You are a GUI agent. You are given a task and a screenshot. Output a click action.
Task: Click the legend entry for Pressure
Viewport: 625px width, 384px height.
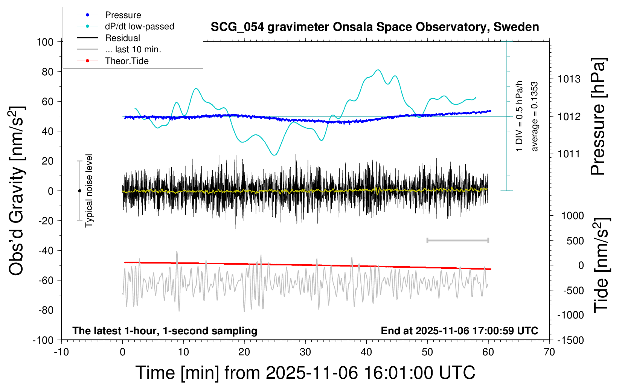coord(123,15)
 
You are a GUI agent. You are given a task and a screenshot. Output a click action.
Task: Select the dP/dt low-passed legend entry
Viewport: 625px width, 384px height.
coord(139,26)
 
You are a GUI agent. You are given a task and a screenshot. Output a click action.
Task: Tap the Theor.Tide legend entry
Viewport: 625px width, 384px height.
coord(127,61)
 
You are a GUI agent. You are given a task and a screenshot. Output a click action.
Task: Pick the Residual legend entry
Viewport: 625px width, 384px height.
coord(122,38)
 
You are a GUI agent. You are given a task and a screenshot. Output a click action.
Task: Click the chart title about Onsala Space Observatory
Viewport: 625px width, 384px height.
coord(375,27)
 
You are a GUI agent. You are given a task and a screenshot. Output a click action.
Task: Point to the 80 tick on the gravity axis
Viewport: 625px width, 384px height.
coord(47,72)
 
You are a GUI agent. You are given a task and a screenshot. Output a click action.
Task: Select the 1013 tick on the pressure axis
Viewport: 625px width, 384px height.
coord(569,79)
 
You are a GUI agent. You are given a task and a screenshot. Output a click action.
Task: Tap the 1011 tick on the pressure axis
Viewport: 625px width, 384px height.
coord(569,154)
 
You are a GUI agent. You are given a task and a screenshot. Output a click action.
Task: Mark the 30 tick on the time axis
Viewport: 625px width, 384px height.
coord(305,352)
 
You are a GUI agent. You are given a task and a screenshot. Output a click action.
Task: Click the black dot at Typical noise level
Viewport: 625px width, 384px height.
coord(79,191)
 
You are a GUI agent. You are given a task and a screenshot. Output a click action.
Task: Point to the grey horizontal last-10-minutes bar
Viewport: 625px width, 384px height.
coord(457,240)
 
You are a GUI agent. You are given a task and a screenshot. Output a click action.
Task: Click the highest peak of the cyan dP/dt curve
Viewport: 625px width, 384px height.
coord(378,70)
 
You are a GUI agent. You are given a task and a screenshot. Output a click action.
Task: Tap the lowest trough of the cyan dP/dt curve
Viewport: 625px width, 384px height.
coord(274,155)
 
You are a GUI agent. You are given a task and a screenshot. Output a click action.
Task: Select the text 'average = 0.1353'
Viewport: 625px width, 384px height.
coord(535,117)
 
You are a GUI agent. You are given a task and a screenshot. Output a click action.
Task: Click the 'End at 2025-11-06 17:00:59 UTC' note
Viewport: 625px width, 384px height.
coord(459,331)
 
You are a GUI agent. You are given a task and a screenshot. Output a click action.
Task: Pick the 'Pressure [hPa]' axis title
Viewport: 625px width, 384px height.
coord(598,117)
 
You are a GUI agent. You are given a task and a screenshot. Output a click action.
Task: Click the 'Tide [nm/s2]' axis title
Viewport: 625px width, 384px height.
coord(601,265)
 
